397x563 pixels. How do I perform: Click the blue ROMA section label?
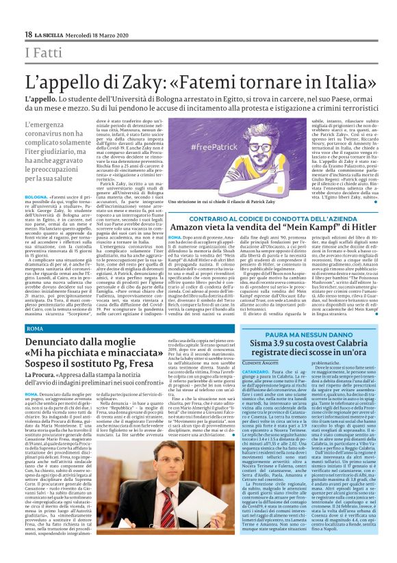(34, 329)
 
